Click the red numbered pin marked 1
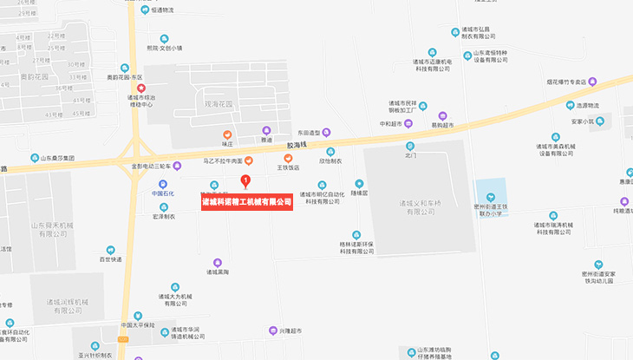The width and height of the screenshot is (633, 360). pyautogui.click(x=245, y=181)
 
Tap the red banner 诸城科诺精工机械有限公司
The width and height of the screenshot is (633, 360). pyautogui.click(x=246, y=203)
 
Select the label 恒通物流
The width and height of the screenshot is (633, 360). pyautogui.click(x=162, y=10)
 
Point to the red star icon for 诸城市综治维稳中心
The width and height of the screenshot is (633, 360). pyautogui.click(x=142, y=86)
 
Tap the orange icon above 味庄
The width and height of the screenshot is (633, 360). pyautogui.click(x=227, y=134)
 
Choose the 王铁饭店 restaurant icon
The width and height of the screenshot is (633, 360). pyautogui.click(x=288, y=157)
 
